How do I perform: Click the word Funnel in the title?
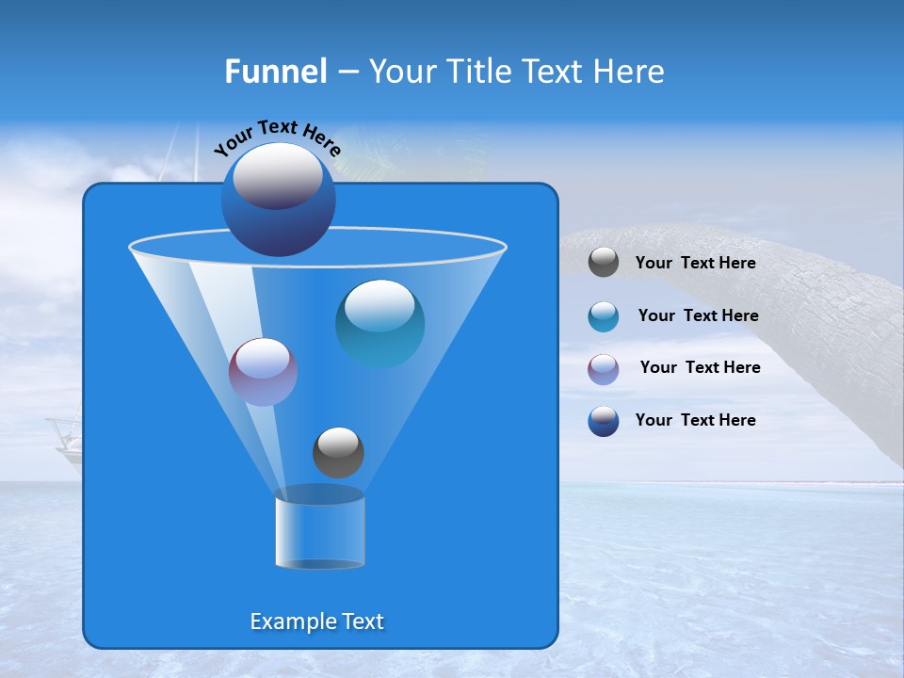pyautogui.click(x=275, y=72)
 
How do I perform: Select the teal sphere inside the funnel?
pyautogui.click(x=379, y=324)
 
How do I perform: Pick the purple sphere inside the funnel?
pyautogui.click(x=263, y=372)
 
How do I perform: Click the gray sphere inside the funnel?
pyautogui.click(x=338, y=452)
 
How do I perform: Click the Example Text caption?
pyautogui.click(x=317, y=621)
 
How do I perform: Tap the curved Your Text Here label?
pyautogui.click(x=277, y=137)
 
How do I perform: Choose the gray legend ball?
pyautogui.click(x=604, y=263)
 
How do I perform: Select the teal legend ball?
pyautogui.click(x=604, y=315)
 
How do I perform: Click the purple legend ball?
pyautogui.click(x=604, y=368)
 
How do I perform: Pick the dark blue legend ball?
pyautogui.click(x=604, y=421)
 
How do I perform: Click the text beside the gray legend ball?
pyautogui.click(x=695, y=264)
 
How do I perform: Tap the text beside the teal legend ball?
pyautogui.click(x=698, y=315)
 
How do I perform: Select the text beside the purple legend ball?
pyautogui.click(x=700, y=367)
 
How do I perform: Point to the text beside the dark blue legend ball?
pyautogui.click(x=695, y=420)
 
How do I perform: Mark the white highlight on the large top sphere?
pyautogui.click(x=278, y=174)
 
